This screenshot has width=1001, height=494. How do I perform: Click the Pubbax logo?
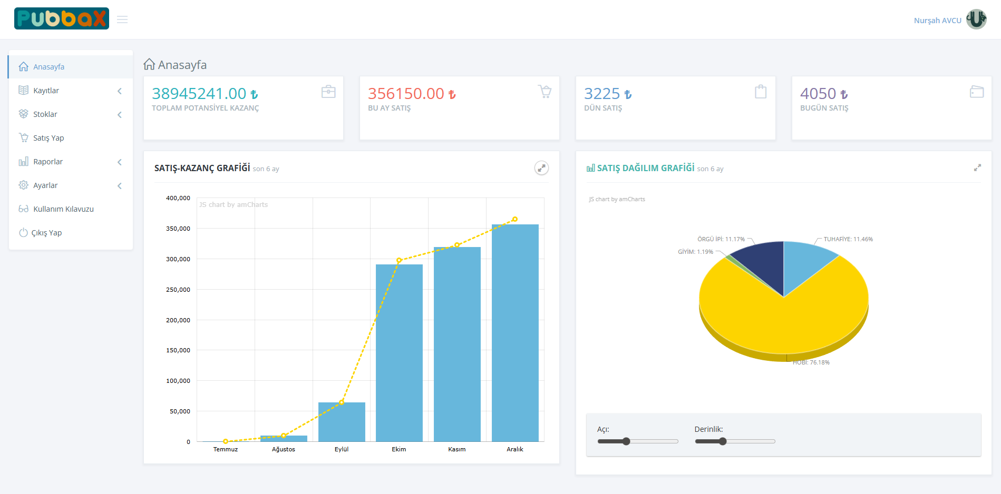62,18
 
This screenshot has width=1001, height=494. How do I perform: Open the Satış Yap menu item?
48,138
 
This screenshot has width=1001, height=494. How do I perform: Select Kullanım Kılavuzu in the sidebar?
63,209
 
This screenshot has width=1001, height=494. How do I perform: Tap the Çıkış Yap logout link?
46,233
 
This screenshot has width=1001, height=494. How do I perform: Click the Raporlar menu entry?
47,162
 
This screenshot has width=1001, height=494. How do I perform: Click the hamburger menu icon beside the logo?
122,19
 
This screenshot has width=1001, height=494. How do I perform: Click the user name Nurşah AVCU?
937,21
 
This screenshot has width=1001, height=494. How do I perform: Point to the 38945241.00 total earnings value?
199,94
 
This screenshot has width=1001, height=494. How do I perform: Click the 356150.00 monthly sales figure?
406,94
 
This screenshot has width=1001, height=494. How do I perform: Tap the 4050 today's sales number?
818,94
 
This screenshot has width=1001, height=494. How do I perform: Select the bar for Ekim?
399,353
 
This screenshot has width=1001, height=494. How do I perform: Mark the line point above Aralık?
515,219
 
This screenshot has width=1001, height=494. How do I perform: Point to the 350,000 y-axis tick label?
178,229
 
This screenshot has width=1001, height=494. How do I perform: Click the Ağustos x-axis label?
284,449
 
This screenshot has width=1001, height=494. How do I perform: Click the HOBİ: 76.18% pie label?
811,362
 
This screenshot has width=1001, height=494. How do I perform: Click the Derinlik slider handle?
723,441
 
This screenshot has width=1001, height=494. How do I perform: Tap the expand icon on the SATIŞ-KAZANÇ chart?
541,168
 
